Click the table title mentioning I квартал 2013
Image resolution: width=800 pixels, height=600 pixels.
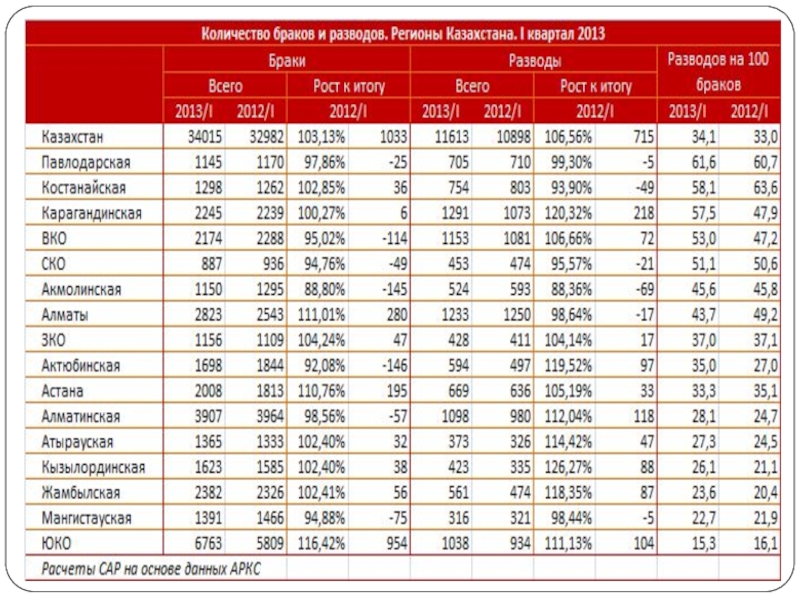click(403, 34)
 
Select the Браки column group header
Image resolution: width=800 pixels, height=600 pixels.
click(287, 61)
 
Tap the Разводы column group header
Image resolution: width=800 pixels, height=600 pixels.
click(535, 61)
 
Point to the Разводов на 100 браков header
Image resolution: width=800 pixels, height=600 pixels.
click(718, 72)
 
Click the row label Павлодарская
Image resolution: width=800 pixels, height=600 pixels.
click(86, 162)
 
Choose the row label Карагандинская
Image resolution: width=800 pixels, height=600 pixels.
click(91, 213)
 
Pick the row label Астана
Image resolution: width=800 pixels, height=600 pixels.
click(62, 391)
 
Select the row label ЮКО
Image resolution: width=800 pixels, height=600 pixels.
click(56, 543)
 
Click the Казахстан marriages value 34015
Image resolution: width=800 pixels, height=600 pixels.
click(204, 137)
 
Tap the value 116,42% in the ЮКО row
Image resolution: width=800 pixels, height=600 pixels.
click(321, 543)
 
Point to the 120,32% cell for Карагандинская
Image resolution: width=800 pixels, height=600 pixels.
click(568, 213)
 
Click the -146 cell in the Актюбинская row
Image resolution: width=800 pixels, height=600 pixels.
click(394, 365)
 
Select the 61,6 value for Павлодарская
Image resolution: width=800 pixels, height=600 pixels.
click(704, 162)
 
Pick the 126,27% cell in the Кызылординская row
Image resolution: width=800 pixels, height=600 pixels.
click(568, 467)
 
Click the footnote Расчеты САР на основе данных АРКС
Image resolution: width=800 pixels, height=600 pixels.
click(151, 568)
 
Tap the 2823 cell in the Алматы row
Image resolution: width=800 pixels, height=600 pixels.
click(208, 314)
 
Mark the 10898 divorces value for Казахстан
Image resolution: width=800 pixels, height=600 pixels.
click(514, 137)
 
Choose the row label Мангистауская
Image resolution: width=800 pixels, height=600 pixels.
click(86, 518)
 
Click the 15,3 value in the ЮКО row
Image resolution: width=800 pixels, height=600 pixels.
click(704, 543)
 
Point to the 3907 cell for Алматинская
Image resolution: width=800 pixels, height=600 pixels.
click(208, 416)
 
